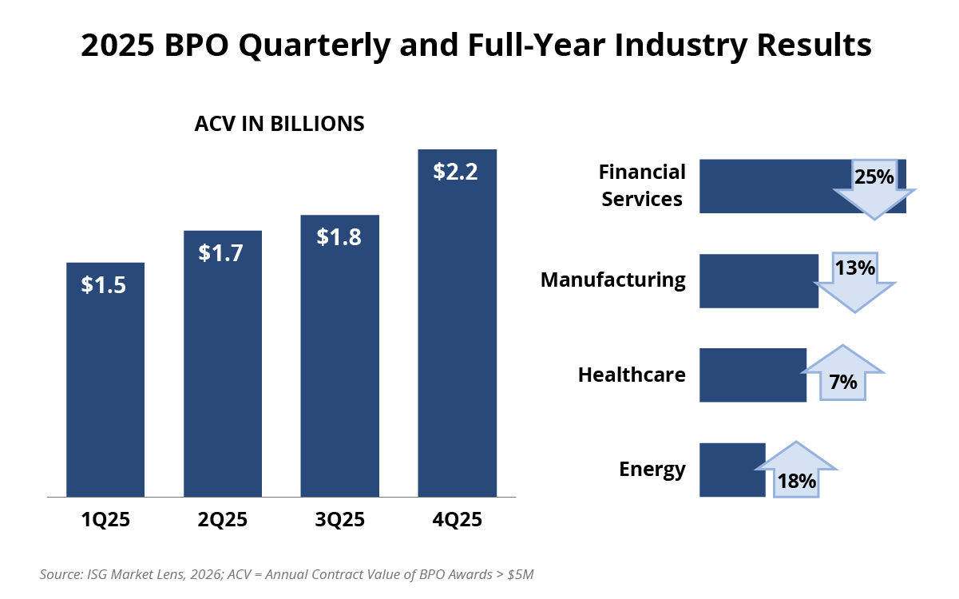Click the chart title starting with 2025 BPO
point(476,46)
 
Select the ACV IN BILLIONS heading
point(279,124)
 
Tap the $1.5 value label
point(104,285)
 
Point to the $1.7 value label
point(222,253)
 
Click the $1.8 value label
point(339,237)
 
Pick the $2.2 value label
point(456,172)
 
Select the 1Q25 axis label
point(105,520)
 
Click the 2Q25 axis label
point(223,520)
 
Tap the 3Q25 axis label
point(339,520)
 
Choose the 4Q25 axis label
point(457,520)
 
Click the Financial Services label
point(642,185)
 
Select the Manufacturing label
point(612,280)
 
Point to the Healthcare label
point(632,375)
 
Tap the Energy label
point(652,469)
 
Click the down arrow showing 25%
point(874,187)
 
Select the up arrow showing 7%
point(842,375)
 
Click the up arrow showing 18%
point(796,471)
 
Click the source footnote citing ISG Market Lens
point(292,574)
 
